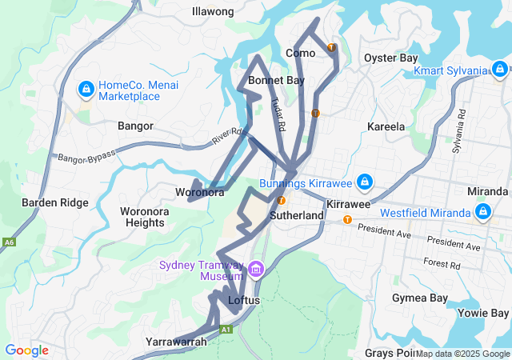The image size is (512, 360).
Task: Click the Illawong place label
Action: tap(213, 11)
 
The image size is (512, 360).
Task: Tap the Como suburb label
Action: tap(301, 53)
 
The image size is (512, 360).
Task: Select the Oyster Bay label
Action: tap(390, 58)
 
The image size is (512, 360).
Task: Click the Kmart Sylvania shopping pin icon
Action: tap(500, 70)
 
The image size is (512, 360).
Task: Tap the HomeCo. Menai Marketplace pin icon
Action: tap(85, 90)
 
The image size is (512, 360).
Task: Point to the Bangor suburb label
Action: tap(135, 126)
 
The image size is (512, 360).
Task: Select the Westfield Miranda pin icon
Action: tap(483, 212)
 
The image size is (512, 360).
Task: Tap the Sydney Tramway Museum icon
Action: tap(256, 270)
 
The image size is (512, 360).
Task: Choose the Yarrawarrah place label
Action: tap(176, 342)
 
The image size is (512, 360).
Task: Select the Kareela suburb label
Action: tap(386, 126)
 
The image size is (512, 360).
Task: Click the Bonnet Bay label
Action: tap(276, 80)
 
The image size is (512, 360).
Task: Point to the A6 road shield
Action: tap(9, 242)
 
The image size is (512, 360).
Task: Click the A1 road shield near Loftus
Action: tap(226, 329)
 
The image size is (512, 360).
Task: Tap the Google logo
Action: tap(26, 350)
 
